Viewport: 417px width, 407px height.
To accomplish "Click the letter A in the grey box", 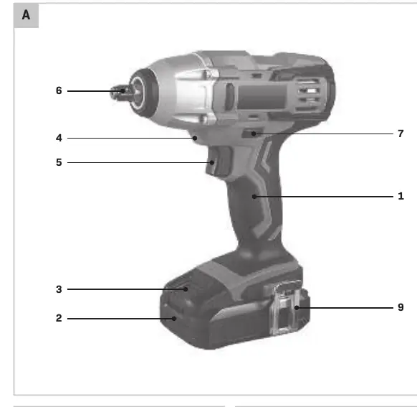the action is [x=26, y=15].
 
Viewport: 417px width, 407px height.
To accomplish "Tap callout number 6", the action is [x=59, y=90].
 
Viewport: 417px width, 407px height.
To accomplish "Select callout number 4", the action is [x=59, y=138].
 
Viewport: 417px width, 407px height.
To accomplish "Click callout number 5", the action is [x=59, y=162].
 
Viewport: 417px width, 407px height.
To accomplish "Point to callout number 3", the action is [x=59, y=289].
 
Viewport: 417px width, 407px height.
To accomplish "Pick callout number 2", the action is [x=59, y=318].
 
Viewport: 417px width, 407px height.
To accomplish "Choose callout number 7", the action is [x=401, y=134].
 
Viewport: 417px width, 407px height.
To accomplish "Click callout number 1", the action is [x=401, y=196].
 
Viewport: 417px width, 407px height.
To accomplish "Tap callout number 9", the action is [x=401, y=307].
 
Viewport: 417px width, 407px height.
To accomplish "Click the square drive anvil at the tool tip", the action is [x=119, y=92].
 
